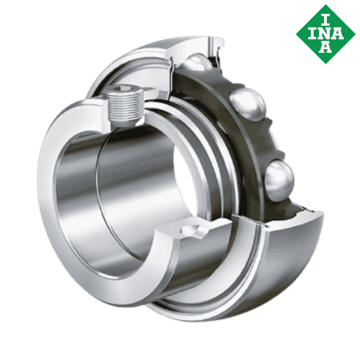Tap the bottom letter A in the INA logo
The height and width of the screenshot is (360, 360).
[x=325, y=47]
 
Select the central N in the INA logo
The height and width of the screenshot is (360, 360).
[x=325, y=33]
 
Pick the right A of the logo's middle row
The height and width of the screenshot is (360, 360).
[x=338, y=33]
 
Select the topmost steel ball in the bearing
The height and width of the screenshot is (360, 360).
[x=199, y=61]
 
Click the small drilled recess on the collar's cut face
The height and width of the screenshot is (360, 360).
[x=191, y=230]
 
